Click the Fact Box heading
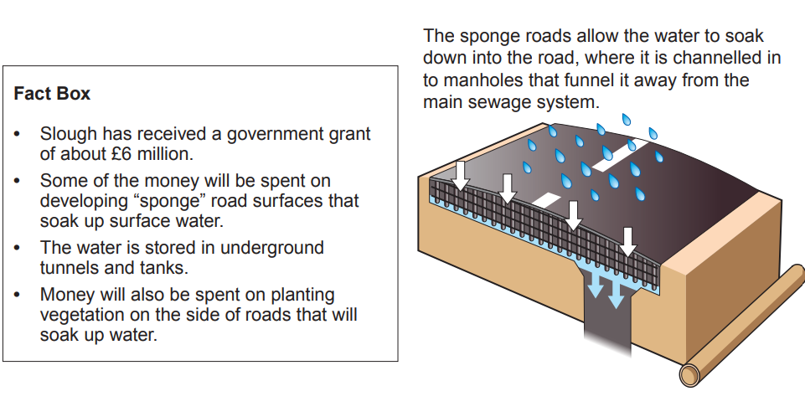tap(52, 94)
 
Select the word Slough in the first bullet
tap(68, 134)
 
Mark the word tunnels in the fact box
tap(67, 268)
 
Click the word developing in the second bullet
tap(80, 201)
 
